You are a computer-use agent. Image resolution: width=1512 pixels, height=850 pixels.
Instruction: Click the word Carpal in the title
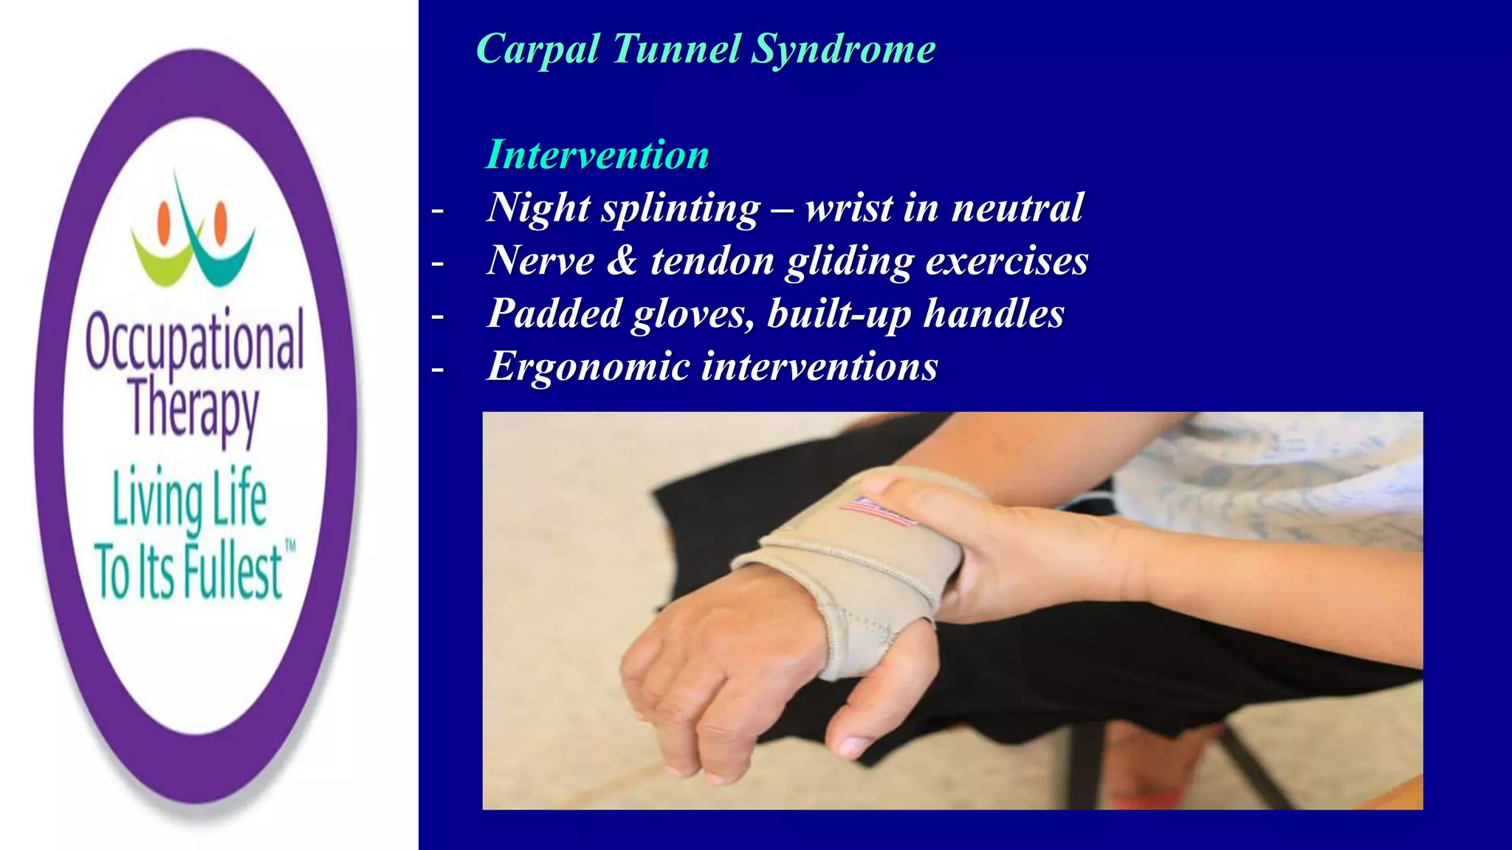click(x=537, y=50)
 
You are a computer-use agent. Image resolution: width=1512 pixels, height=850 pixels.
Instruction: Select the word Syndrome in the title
click(x=843, y=50)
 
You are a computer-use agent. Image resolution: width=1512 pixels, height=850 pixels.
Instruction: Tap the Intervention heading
click(x=597, y=155)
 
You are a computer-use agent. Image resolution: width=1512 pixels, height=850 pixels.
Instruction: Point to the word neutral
click(x=1017, y=207)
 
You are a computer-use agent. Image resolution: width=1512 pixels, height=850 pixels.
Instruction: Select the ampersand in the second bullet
click(x=622, y=260)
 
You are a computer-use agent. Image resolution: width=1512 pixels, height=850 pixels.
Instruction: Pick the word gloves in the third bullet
click(x=694, y=314)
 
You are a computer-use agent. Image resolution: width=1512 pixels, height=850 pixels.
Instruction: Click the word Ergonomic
click(x=588, y=366)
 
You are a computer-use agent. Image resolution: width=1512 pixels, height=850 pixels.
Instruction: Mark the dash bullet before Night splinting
click(x=438, y=210)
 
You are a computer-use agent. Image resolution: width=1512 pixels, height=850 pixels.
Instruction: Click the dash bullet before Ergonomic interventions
click(x=438, y=368)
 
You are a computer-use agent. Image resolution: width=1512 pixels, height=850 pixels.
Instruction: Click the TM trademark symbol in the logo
click(x=290, y=547)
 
